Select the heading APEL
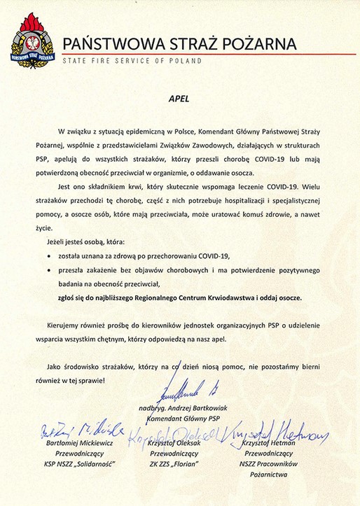tap(180, 99)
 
